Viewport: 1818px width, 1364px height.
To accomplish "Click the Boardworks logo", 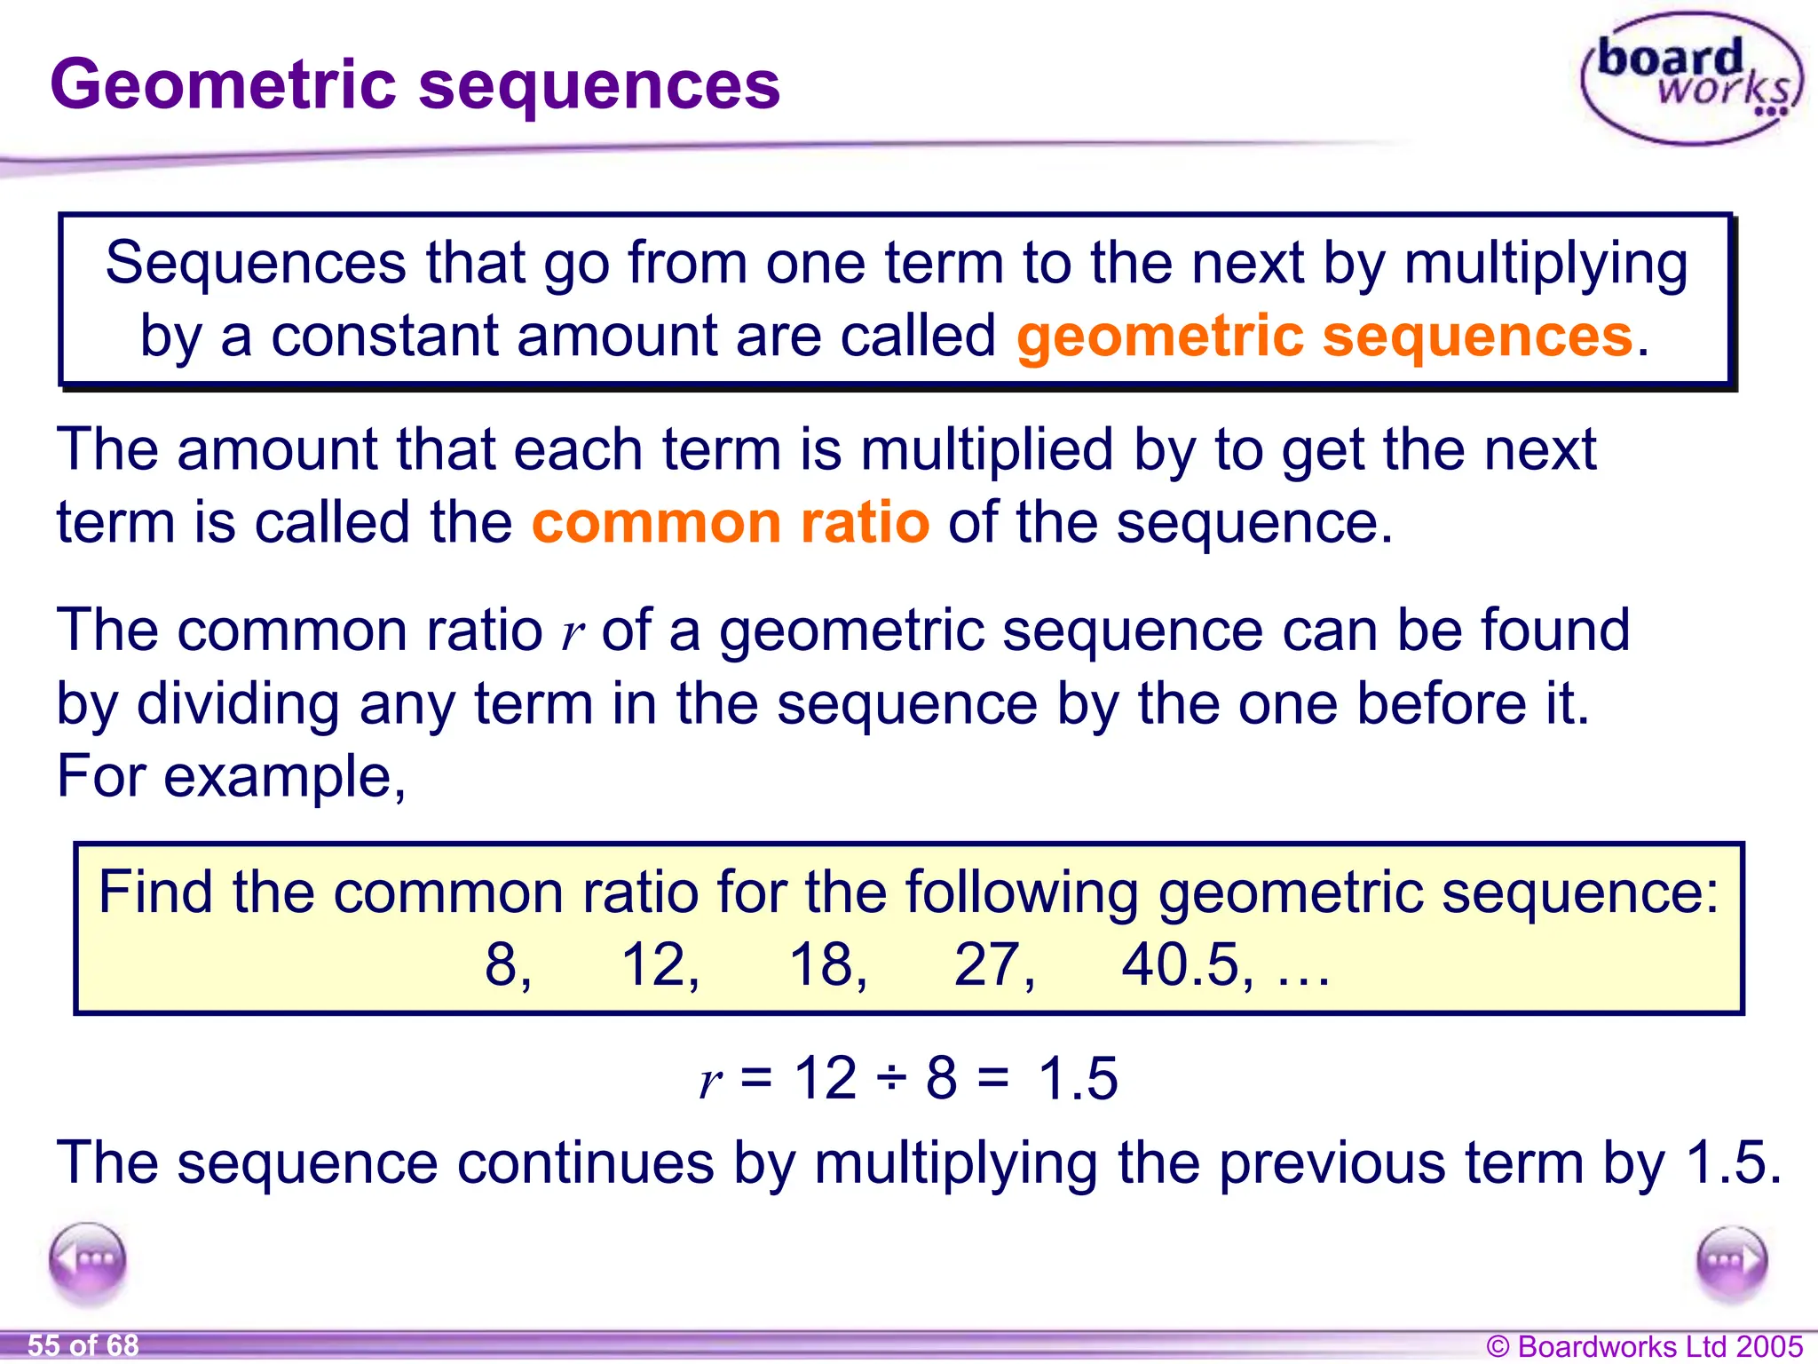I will [1692, 78].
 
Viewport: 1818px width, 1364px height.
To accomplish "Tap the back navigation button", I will [88, 1260].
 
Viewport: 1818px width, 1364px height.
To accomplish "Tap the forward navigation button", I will [1731, 1261].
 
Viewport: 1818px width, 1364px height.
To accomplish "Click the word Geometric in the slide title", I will [223, 85].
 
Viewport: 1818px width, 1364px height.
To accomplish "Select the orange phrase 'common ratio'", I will [730, 522].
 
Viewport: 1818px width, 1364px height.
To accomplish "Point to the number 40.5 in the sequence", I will [1180, 965].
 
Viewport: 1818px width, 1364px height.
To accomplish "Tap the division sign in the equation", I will [890, 1079].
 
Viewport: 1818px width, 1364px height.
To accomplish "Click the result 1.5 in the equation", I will [1078, 1079].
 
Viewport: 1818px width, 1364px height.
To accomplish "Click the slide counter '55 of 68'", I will [83, 1345].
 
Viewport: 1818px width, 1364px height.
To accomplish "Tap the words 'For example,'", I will [232, 776].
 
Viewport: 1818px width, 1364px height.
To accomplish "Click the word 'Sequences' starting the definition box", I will [256, 263].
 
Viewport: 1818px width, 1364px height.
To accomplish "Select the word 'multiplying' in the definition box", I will [1545, 265].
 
